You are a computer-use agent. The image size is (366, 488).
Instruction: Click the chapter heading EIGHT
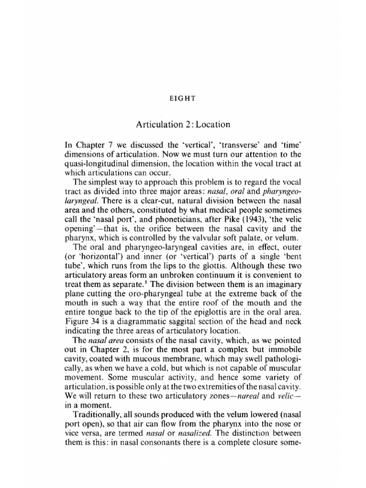pos(183,99)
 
